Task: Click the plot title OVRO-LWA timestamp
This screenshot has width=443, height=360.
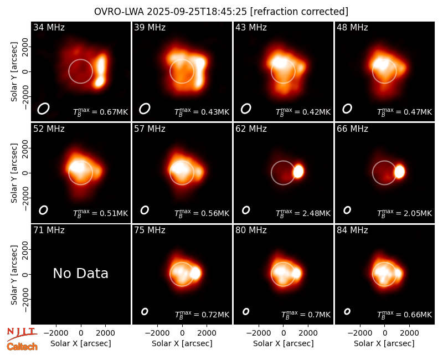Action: pos(221,12)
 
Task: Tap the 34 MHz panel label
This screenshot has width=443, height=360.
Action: pos(49,27)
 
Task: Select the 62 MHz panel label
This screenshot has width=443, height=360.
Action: pos(251,129)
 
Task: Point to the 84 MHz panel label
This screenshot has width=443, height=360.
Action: pos(352,230)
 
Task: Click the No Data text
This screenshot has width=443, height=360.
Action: pos(80,273)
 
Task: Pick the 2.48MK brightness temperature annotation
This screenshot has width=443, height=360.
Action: pos(303,213)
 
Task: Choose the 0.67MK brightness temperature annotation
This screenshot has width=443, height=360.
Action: pos(101,111)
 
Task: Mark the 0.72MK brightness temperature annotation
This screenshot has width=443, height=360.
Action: pos(202,314)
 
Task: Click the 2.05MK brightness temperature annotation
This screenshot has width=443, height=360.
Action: pos(405,213)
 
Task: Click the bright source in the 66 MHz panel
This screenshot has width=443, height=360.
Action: pos(399,172)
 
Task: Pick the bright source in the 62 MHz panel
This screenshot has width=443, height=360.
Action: pos(298,172)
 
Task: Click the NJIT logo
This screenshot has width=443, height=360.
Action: pos(22,333)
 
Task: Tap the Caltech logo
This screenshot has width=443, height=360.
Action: pos(22,347)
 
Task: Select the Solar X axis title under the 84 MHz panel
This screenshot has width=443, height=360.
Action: pos(384,343)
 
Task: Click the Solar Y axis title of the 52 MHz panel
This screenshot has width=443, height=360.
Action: pos(14,173)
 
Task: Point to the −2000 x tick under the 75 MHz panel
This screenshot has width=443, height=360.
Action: pos(157,333)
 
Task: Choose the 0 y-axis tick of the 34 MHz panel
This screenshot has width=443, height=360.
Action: pos(26,71)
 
